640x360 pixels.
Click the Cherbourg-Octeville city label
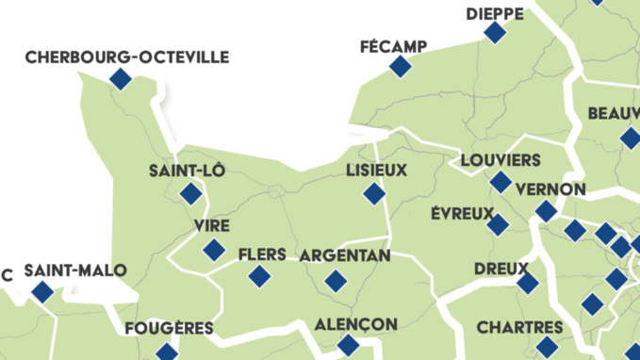[x=126, y=57]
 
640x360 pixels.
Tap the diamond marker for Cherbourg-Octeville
[x=120, y=79]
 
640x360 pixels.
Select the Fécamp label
[x=393, y=46]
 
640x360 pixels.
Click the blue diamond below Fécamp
[x=401, y=66]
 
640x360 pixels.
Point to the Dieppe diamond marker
[x=495, y=33]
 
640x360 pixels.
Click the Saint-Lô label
[x=187, y=171]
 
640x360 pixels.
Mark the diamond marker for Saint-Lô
[x=191, y=194]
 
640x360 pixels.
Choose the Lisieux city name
[x=376, y=171]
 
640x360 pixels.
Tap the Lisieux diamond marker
[x=374, y=194]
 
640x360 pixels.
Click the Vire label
[x=211, y=226]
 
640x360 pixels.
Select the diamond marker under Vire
[x=214, y=250]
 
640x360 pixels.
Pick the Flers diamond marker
[x=259, y=276]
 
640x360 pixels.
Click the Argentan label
[x=344, y=255]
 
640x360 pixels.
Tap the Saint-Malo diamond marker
[x=42, y=292]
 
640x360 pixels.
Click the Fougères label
[x=169, y=329]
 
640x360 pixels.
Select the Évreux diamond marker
[x=497, y=225]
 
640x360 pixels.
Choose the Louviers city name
[x=501, y=159]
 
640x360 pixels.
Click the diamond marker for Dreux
[x=528, y=283]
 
